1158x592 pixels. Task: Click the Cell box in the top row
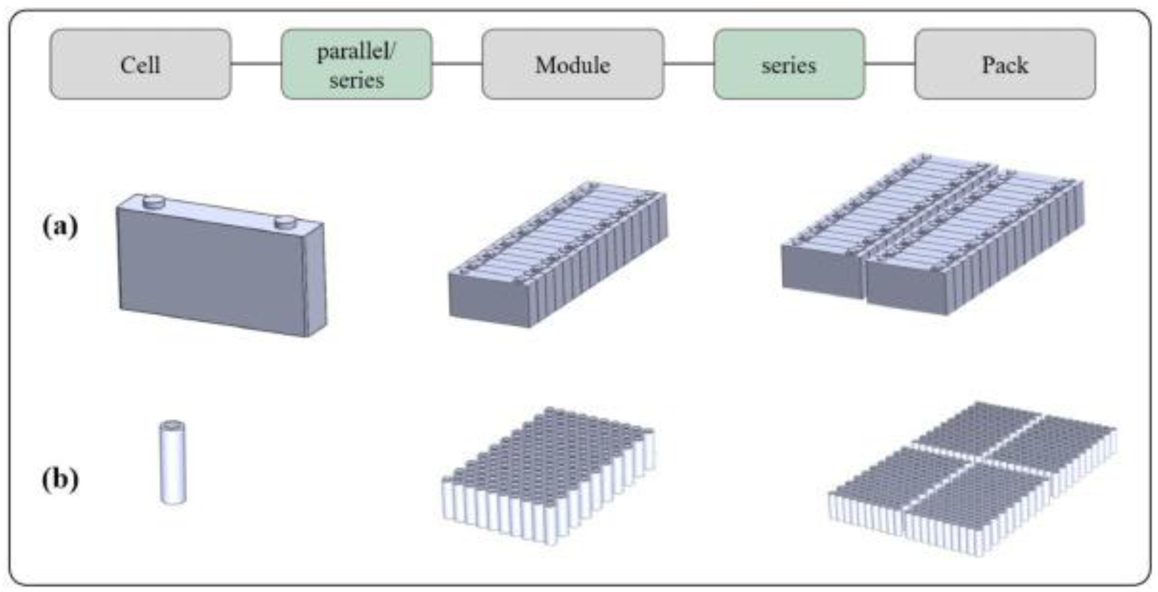(x=140, y=64)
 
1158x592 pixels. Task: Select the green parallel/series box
(x=356, y=64)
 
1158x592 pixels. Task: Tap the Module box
(x=572, y=64)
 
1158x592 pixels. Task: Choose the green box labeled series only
(x=789, y=64)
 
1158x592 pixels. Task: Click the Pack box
(x=1005, y=64)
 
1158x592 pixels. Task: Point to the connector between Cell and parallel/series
(x=256, y=63)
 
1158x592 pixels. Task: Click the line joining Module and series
(x=689, y=63)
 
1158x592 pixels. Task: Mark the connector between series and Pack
(x=889, y=63)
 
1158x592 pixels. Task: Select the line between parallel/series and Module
(x=457, y=63)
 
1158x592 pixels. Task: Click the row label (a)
(x=60, y=226)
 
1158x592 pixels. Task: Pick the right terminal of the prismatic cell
(x=286, y=221)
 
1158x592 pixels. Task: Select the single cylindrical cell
(x=173, y=463)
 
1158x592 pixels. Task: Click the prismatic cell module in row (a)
(x=557, y=256)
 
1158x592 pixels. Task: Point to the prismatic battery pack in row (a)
(x=933, y=238)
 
